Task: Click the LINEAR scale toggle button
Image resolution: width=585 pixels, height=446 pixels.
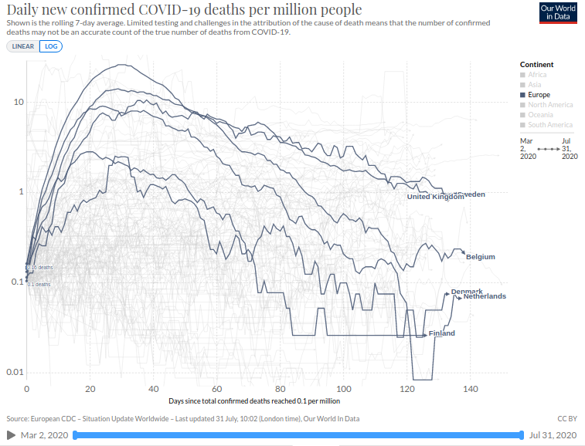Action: point(22,46)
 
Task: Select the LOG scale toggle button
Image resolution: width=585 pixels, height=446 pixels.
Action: point(51,46)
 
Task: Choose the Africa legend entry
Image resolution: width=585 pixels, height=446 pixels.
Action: point(537,75)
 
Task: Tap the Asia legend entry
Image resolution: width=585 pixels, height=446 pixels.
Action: point(535,85)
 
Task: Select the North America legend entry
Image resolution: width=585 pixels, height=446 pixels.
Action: point(550,105)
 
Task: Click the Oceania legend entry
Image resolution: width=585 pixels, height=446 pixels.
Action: point(540,115)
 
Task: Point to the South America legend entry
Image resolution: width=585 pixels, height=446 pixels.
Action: point(550,125)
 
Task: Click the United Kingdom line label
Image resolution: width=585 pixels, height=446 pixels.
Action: point(435,197)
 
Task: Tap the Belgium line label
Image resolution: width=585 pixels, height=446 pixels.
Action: point(481,257)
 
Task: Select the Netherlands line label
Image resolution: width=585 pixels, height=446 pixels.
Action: point(485,296)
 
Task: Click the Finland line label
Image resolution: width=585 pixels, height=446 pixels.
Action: point(442,333)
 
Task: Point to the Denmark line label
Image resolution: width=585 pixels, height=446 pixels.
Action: point(467,291)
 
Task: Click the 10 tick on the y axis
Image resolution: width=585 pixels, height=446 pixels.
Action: point(14,102)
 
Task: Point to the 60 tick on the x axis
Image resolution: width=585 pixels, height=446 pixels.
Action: point(217,389)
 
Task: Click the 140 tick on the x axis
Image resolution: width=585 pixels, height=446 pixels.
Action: point(471,389)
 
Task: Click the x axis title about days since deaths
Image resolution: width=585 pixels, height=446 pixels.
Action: point(254,401)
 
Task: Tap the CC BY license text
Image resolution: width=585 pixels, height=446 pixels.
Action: point(567,418)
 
